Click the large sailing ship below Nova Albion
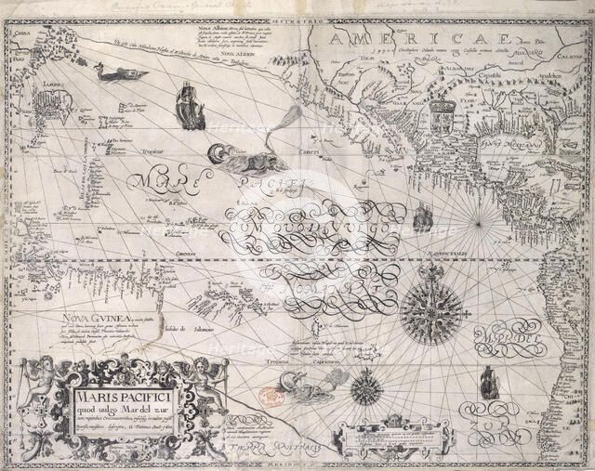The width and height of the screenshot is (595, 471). pos(190,103)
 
